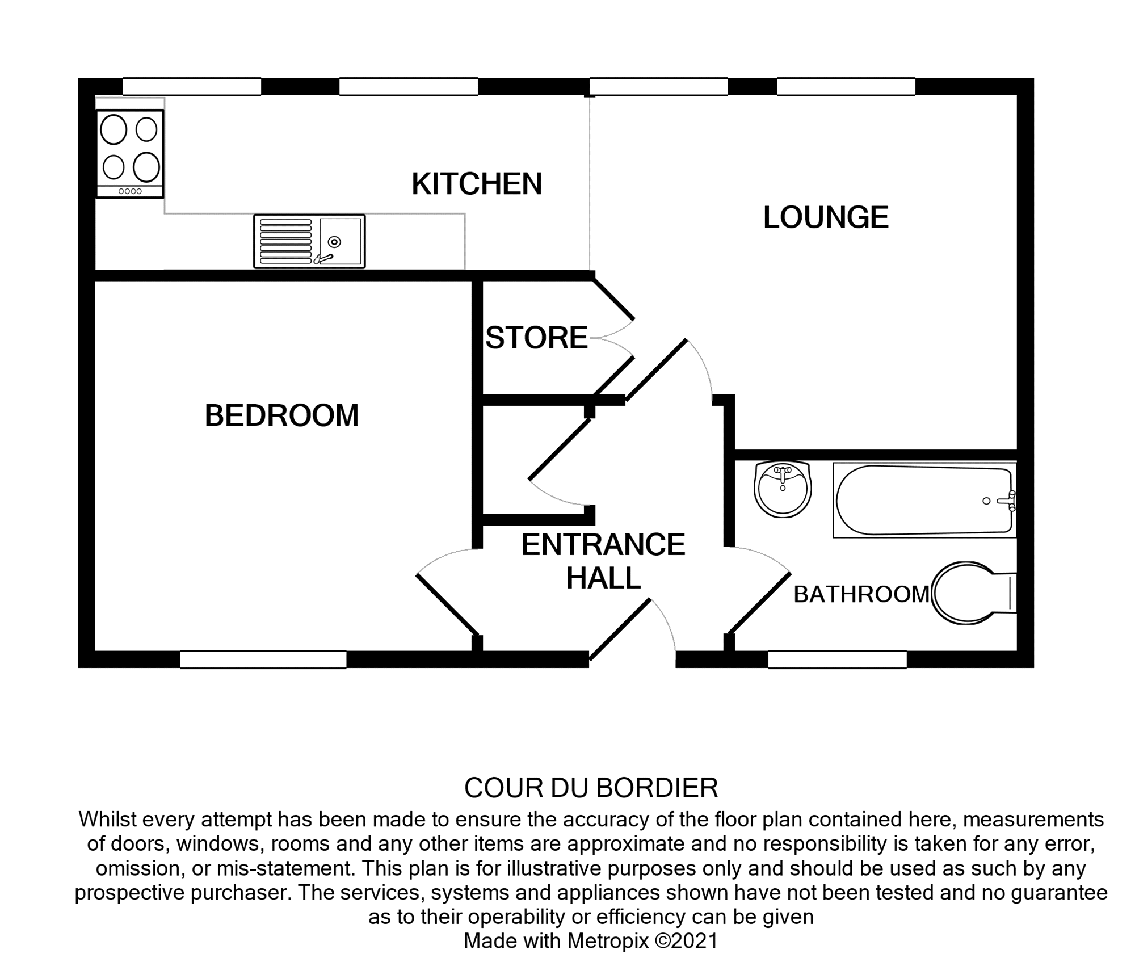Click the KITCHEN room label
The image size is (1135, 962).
(477, 184)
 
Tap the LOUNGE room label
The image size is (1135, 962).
(825, 217)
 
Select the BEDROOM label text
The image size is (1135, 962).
(281, 415)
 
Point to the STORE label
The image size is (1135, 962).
(536, 338)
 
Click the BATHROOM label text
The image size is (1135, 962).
(861, 595)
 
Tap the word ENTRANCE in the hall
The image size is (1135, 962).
(603, 545)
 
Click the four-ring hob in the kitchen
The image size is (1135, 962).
(130, 153)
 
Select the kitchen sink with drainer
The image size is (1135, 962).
(309, 241)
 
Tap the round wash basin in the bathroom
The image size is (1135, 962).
(783, 489)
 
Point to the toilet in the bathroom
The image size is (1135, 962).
(970, 593)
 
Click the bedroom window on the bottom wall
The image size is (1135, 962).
(263, 659)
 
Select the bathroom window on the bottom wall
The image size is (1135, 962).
(837, 659)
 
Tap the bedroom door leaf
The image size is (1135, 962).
(447, 604)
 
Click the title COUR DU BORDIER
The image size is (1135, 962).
(591, 788)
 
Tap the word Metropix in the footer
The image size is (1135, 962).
(607, 940)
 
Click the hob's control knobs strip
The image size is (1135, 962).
(130, 191)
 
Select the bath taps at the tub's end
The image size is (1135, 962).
(1007, 501)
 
